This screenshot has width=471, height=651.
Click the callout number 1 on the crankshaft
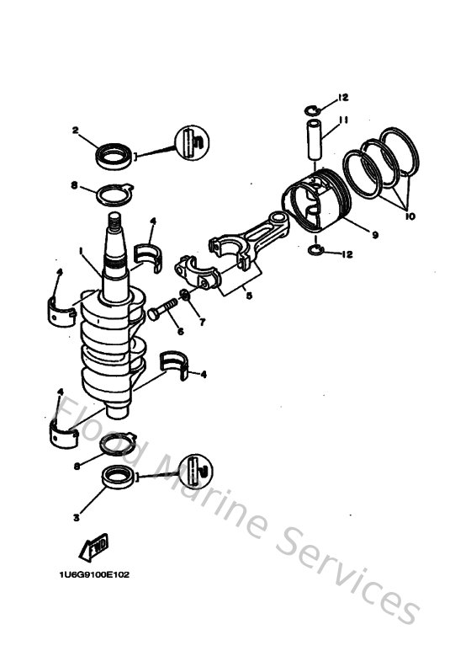click(82, 250)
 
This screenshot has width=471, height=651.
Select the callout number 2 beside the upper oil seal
click(75, 131)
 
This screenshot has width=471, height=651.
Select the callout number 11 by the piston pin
click(343, 120)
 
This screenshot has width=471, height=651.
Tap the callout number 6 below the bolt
click(179, 331)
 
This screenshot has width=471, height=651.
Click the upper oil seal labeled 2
click(114, 155)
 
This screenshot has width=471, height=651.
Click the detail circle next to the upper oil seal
click(191, 141)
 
